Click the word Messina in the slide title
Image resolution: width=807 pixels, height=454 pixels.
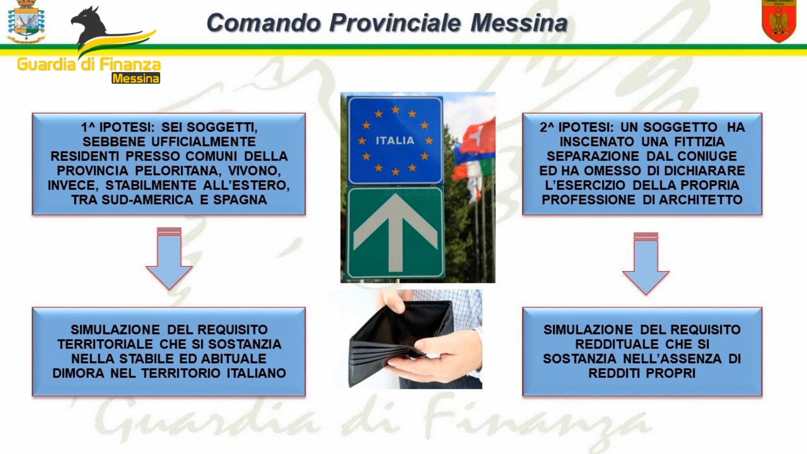(x=519, y=23)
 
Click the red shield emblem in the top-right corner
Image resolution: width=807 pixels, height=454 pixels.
(x=779, y=21)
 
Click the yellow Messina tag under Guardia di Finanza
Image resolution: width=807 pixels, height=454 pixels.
(x=136, y=78)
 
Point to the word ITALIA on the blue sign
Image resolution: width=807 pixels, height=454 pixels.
(x=395, y=140)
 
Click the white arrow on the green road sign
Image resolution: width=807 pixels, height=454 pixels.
(x=396, y=232)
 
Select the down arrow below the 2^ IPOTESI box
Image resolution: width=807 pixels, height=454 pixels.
(x=646, y=264)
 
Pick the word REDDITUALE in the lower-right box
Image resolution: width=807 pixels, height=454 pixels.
(x=617, y=344)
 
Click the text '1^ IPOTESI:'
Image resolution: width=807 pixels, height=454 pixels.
(x=118, y=127)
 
